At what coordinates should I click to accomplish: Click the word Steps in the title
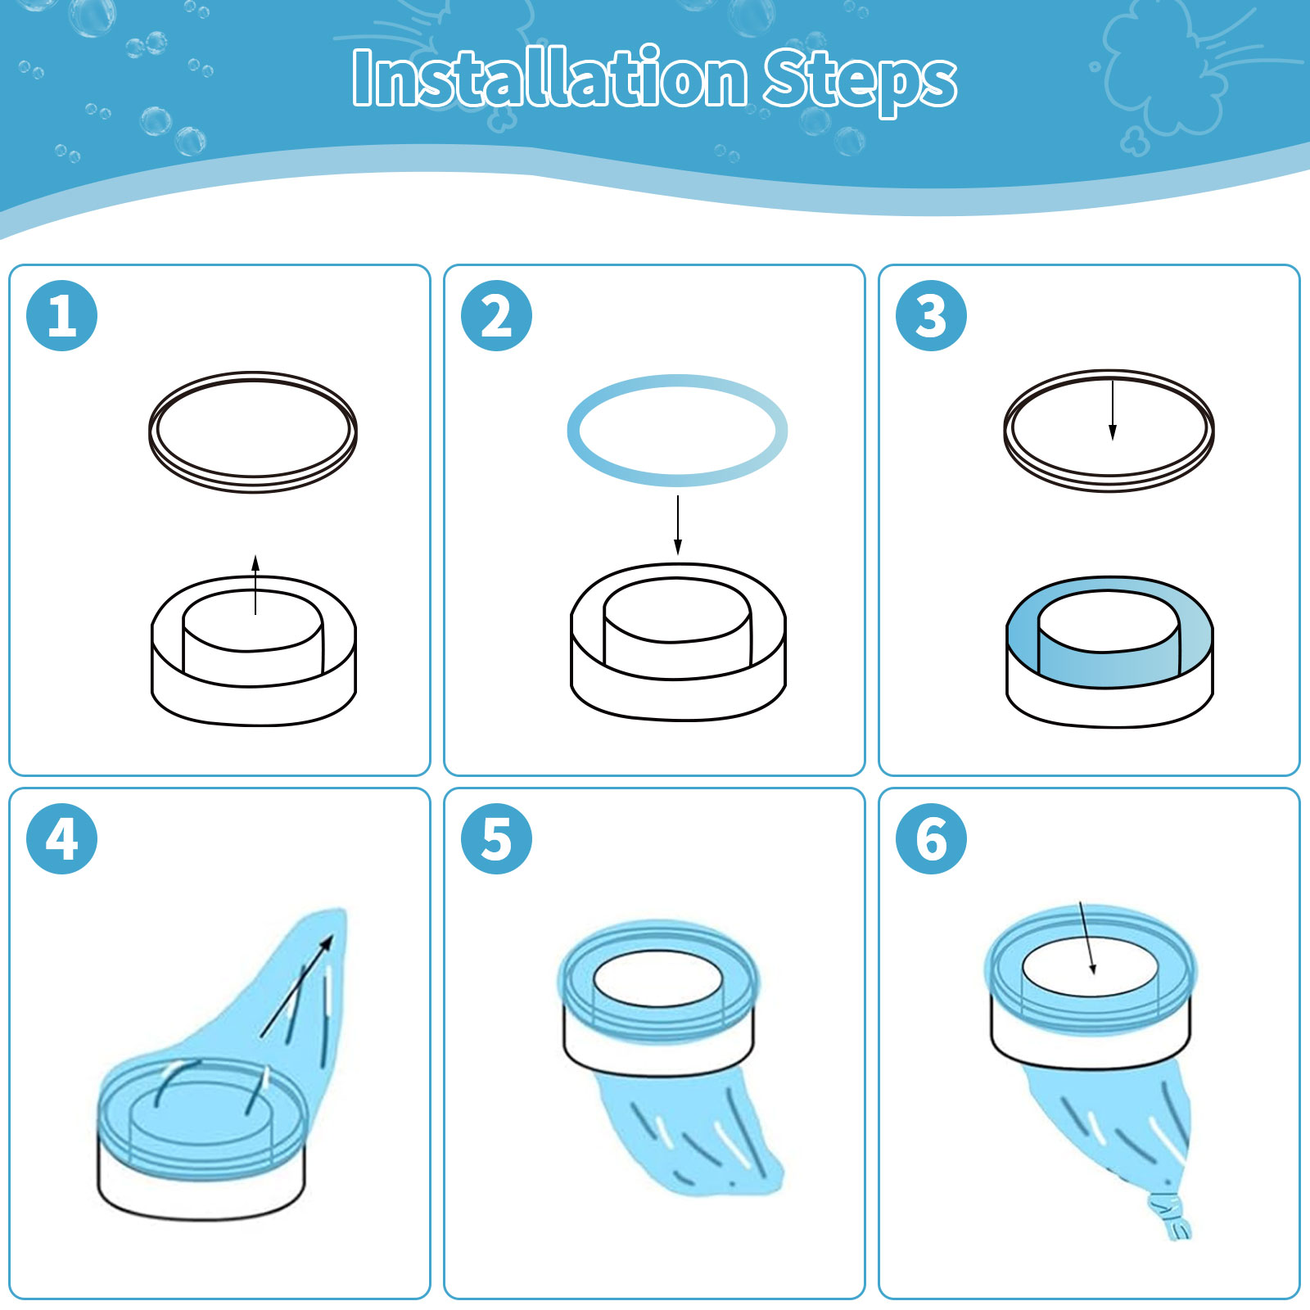tap(860, 81)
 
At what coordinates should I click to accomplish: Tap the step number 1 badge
tap(62, 316)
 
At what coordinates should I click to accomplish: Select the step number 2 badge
tap(496, 316)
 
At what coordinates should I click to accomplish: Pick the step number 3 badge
tap(931, 316)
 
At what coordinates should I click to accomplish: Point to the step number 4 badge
tap(62, 838)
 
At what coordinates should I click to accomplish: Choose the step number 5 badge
tap(496, 838)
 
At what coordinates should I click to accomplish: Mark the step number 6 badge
tap(931, 838)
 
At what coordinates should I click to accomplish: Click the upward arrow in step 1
tap(255, 585)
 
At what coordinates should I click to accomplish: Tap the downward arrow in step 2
tap(678, 525)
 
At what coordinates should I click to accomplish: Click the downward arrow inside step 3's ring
tap(1112, 410)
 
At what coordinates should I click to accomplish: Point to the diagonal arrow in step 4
tap(296, 987)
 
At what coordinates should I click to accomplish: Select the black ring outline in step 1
tap(253, 373)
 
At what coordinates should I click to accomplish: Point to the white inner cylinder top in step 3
tap(1109, 621)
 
